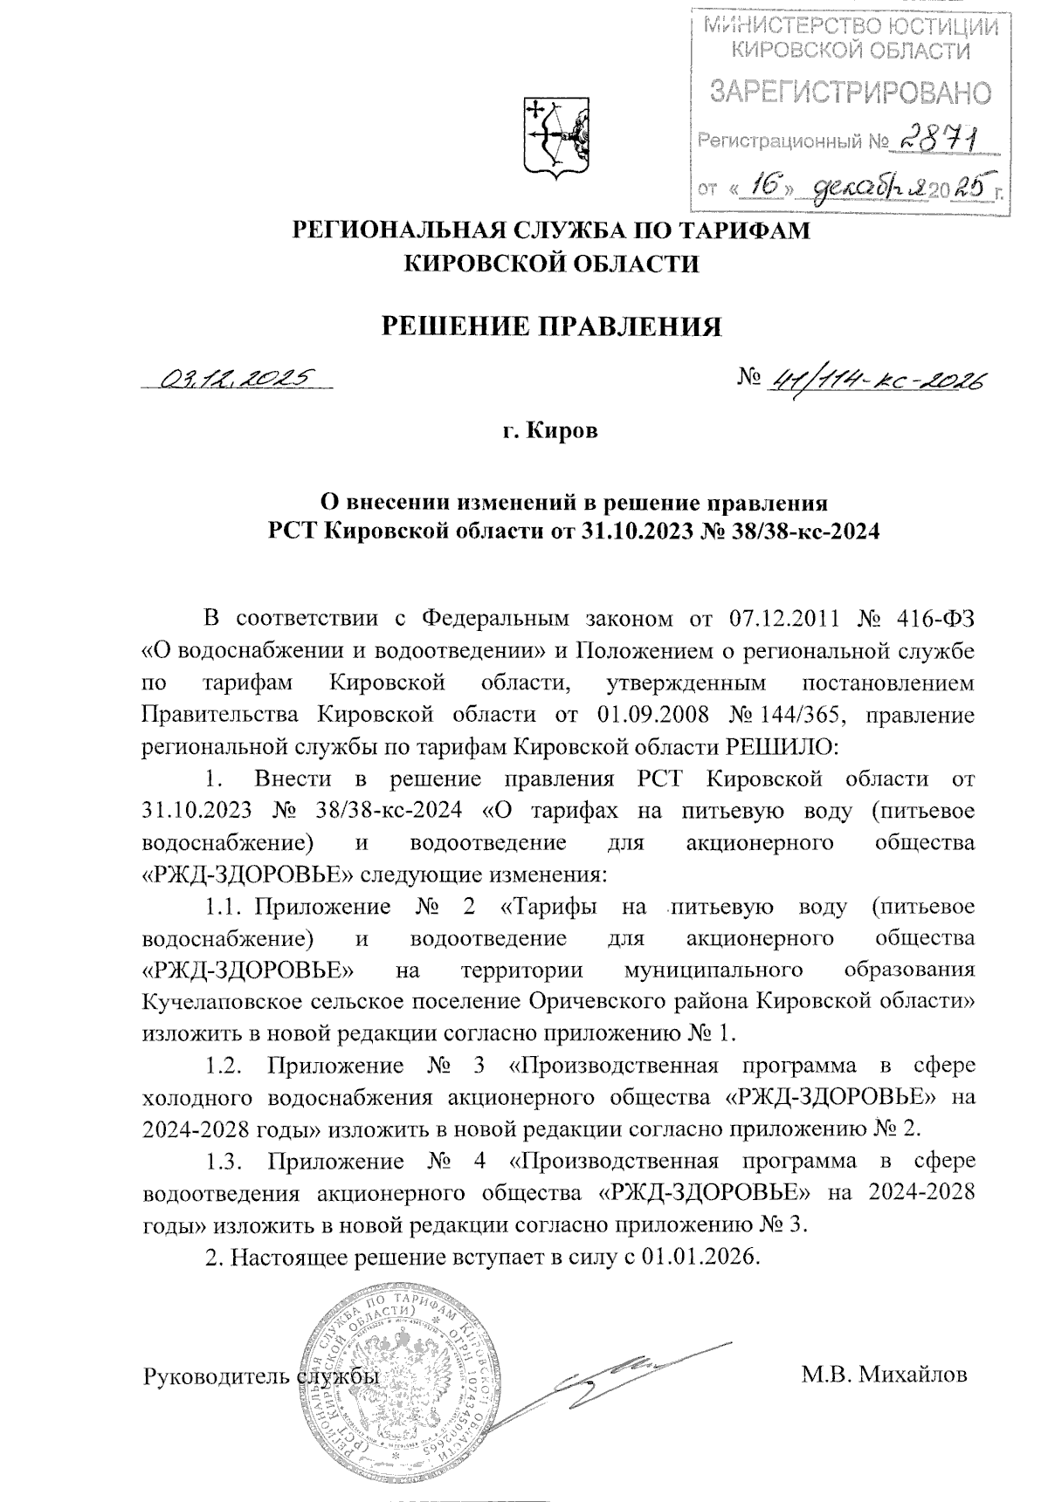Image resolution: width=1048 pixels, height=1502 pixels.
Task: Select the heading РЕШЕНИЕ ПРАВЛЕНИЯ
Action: coord(554,326)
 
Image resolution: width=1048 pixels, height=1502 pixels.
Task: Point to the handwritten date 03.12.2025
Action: coord(237,378)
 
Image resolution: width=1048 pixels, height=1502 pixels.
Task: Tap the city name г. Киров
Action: coord(554,434)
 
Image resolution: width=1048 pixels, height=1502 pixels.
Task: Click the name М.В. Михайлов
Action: coord(884,1376)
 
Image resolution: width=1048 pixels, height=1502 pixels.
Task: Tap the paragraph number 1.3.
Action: coord(223,1162)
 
